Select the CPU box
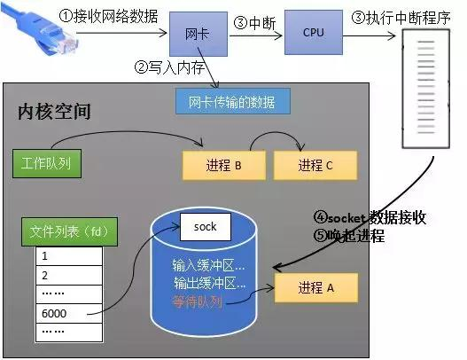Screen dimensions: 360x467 click(x=313, y=33)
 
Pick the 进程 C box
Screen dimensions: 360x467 click(x=315, y=165)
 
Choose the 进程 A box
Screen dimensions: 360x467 click(x=315, y=287)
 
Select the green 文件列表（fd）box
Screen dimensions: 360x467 click(x=68, y=233)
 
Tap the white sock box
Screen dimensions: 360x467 click(x=205, y=227)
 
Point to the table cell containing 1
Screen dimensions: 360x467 click(x=68, y=256)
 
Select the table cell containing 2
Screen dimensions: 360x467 click(x=68, y=275)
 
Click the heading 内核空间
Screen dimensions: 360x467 click(x=54, y=112)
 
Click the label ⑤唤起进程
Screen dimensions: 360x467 click(x=348, y=237)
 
